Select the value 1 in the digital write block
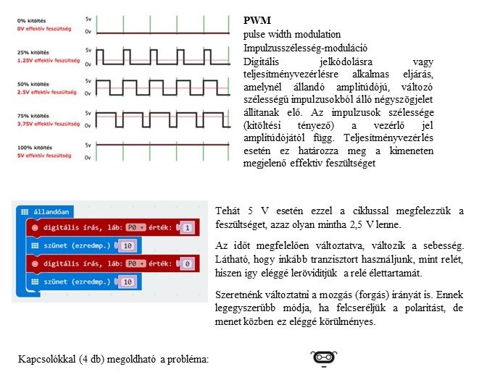tap(187, 228)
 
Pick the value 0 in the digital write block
tap(187, 264)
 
